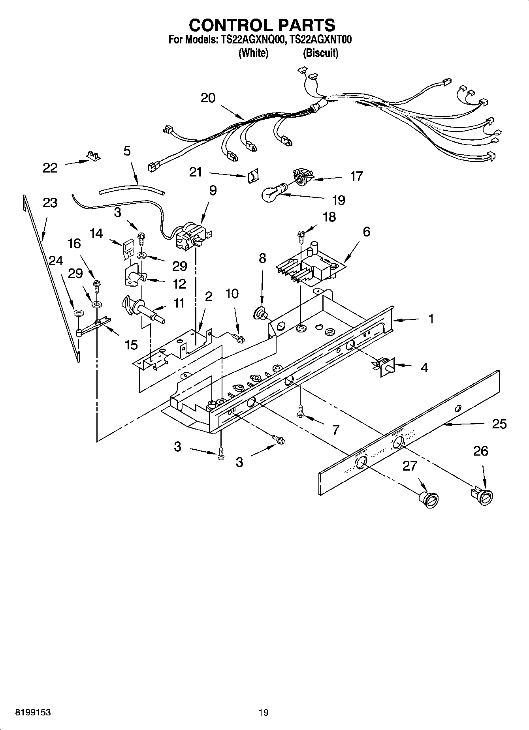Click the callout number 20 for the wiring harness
pyautogui.click(x=208, y=98)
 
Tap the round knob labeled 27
pyautogui.click(x=428, y=499)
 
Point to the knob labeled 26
pyautogui.click(x=482, y=495)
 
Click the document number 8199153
pyautogui.click(x=33, y=712)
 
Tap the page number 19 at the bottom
pyautogui.click(x=264, y=712)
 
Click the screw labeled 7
pyautogui.click(x=301, y=411)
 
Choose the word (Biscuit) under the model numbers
pyautogui.click(x=320, y=53)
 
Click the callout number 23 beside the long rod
pyautogui.click(x=50, y=203)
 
